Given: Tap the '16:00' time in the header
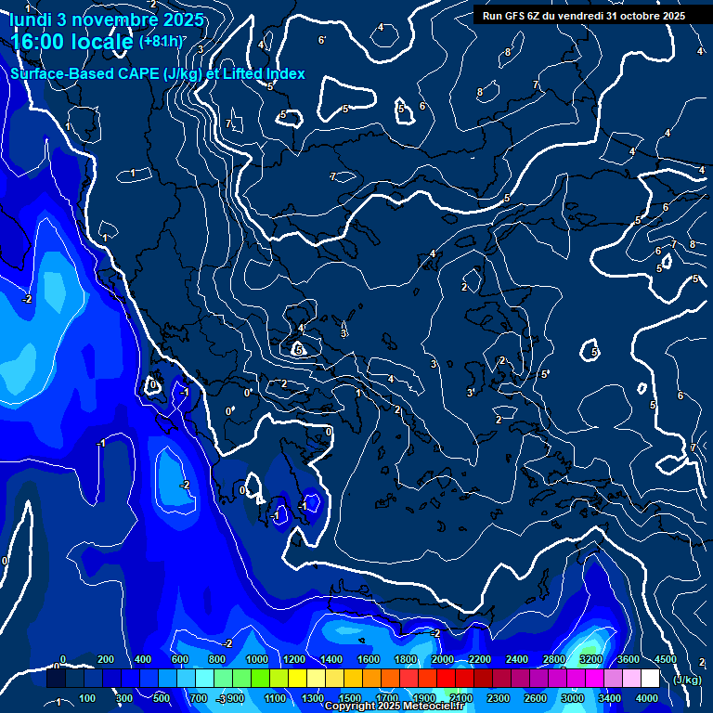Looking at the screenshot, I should coord(36,42).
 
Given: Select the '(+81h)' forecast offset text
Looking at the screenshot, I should coord(161,41).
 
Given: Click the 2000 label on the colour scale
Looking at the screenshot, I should coord(443,659).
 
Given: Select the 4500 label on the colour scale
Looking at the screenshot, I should coord(666,659).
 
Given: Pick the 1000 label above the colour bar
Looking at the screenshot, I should coord(257,659).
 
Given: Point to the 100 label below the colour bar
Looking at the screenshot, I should coord(88,698).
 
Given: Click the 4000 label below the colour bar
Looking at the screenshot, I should coord(647,698).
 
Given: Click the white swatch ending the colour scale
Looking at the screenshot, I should coord(650,679).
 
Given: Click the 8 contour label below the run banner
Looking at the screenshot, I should coord(508,52).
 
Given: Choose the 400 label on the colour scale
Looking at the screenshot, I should coord(144,659).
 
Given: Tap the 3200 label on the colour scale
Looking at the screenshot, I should coord(591,659).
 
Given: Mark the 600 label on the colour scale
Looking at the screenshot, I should coord(181,659).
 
